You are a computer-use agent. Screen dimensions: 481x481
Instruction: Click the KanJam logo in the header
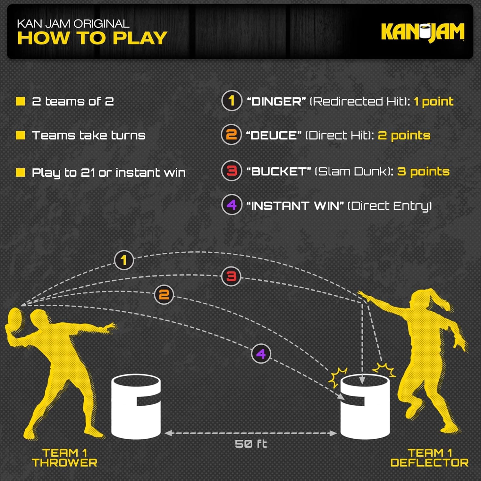coord(422,32)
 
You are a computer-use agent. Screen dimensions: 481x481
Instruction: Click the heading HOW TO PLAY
coord(92,38)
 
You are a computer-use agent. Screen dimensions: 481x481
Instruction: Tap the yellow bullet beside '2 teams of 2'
coord(21,101)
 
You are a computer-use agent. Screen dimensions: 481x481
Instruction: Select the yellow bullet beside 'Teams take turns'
coord(21,135)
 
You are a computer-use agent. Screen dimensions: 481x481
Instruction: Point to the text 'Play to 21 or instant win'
coord(109,173)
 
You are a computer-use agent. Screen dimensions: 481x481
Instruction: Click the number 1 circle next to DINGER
coord(232,101)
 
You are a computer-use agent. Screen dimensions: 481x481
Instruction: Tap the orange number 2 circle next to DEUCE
coord(231,135)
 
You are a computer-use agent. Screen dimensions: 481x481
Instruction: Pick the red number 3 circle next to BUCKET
coord(232,171)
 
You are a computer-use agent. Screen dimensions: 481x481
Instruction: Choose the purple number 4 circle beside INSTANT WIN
coord(232,205)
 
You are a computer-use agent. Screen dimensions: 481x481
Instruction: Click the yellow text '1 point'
coord(433,102)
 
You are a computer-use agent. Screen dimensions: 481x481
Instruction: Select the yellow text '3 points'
coord(423,172)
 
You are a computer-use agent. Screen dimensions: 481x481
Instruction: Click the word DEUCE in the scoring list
coord(274,135)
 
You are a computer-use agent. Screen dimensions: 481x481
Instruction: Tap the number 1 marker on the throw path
coord(124,260)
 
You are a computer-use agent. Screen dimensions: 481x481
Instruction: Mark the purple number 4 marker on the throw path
coord(261,353)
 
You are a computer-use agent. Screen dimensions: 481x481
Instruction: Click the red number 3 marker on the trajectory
coord(231,276)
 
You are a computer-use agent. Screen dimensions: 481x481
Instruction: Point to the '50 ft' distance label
coord(251,444)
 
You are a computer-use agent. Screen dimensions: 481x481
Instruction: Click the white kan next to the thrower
coord(136,407)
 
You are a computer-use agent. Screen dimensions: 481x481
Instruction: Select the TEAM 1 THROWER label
coord(64,458)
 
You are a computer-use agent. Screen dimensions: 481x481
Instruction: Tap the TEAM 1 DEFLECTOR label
coord(429,458)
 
